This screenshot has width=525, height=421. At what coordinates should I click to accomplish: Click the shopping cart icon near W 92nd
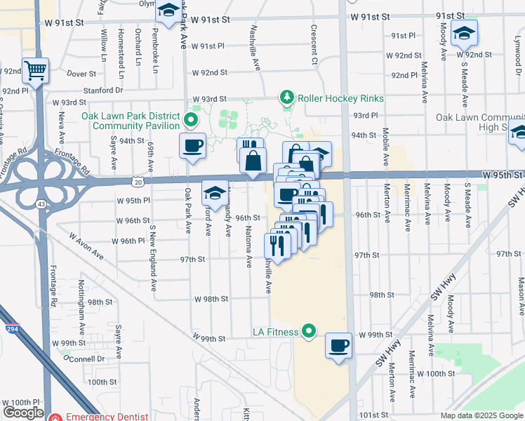pyautogui.click(x=35, y=70)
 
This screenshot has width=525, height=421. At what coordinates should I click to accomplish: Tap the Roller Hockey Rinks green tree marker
pyautogui.click(x=286, y=98)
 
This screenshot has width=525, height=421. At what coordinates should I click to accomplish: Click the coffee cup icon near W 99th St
pyautogui.click(x=339, y=345)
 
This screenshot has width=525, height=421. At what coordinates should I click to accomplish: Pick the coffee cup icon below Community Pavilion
pyautogui.click(x=193, y=146)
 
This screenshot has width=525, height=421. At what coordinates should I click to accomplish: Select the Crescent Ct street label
pyautogui.click(x=315, y=44)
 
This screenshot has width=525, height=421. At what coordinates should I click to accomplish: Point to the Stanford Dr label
pyautogui.click(x=103, y=90)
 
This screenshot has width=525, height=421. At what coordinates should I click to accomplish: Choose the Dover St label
pyautogui.click(x=81, y=73)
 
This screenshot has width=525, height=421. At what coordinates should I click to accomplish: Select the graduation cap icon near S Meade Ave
pyautogui.click(x=464, y=33)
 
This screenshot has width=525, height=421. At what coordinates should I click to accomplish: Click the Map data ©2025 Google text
pyautogui.click(x=481, y=415)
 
